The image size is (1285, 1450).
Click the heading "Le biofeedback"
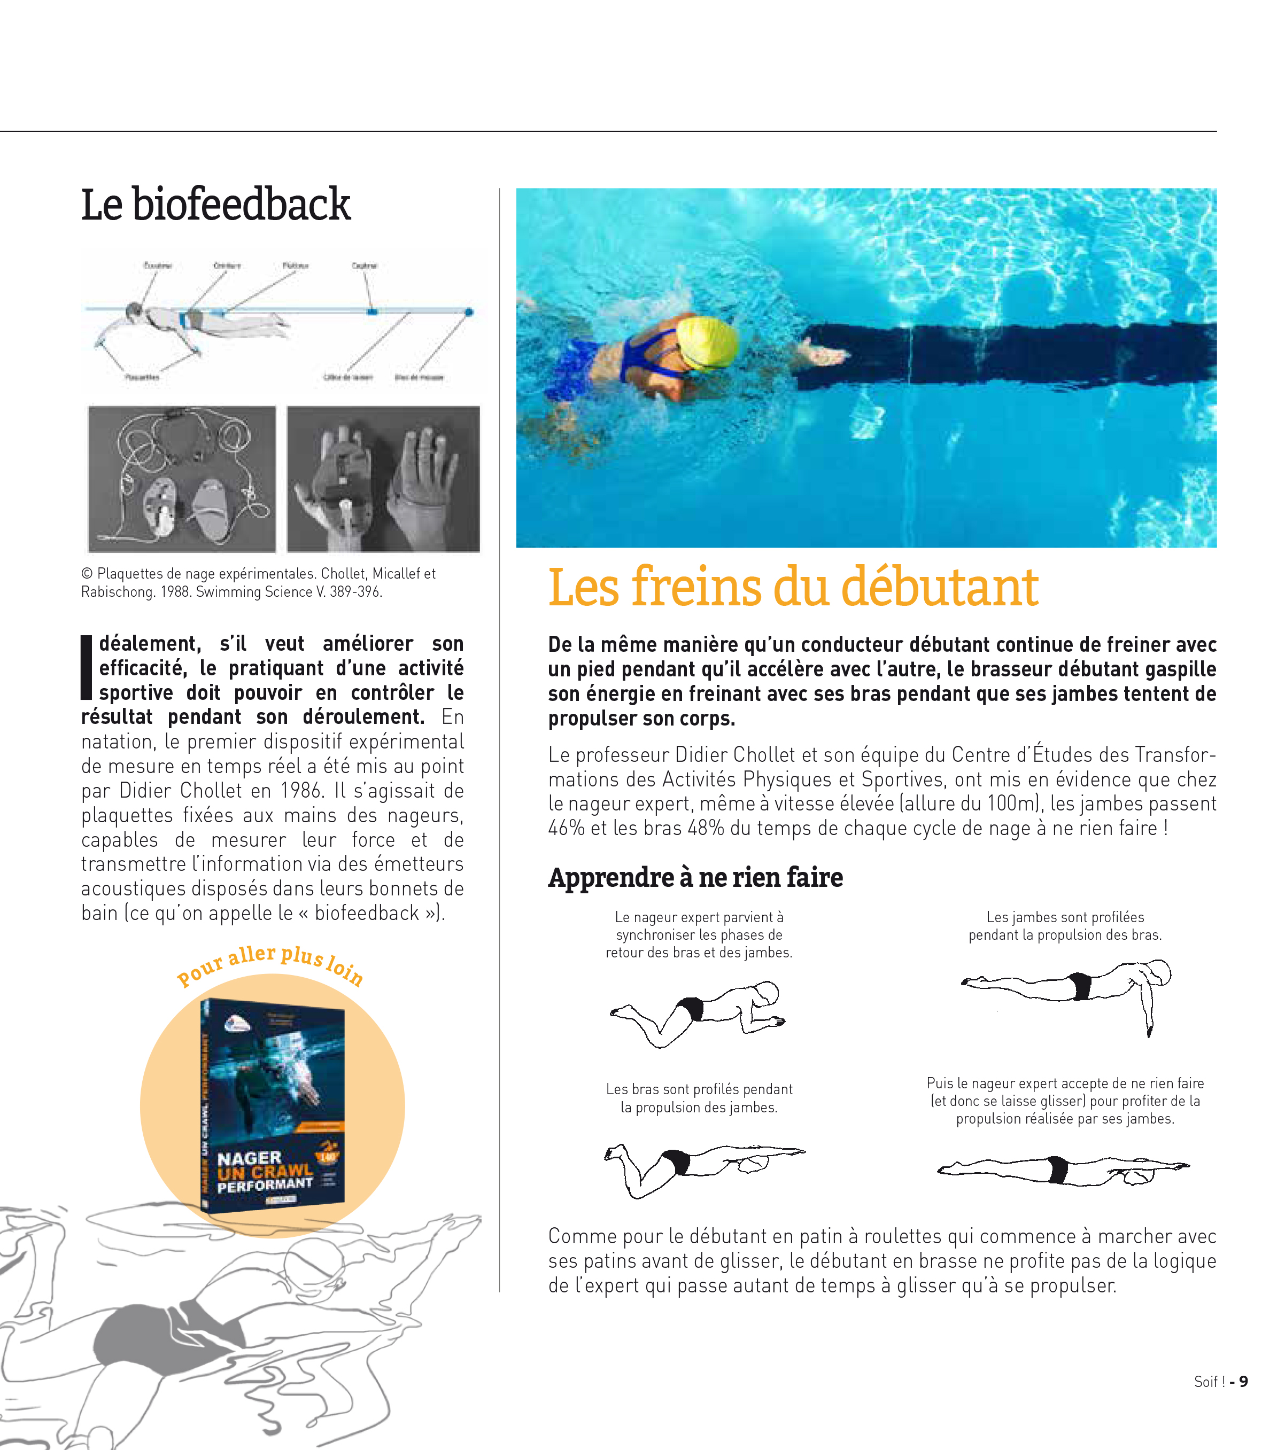tap(216, 205)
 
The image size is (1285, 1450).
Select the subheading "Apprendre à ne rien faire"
tap(695, 877)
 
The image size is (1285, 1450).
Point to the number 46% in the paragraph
tap(566, 829)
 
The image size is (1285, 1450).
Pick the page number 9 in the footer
tap(1243, 1381)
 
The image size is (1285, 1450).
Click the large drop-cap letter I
tap(87, 667)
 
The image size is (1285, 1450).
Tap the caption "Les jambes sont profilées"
tap(1065, 917)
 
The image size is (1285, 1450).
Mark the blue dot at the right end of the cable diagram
tap(469, 312)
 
